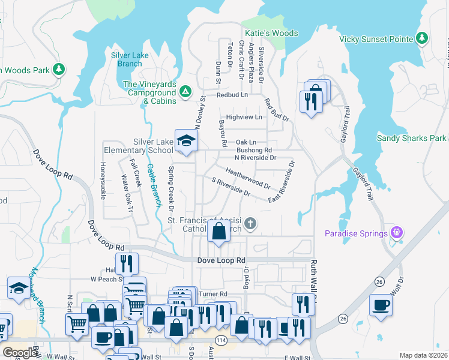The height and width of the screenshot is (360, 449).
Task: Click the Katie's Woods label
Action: point(271,33)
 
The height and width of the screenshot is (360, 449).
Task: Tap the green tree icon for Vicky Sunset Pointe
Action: point(422,39)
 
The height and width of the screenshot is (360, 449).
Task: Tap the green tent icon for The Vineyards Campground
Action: point(185,92)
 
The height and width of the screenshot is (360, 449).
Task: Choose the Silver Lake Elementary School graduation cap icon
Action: point(186,141)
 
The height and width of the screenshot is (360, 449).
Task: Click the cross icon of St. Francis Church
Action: point(251,223)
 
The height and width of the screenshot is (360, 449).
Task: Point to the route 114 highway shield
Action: point(221,340)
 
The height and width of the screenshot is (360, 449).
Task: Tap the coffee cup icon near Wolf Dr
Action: point(381,305)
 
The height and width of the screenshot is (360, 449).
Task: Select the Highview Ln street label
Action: point(244,117)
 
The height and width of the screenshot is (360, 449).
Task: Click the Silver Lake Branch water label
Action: point(126,59)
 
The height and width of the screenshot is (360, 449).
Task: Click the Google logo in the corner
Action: point(20,353)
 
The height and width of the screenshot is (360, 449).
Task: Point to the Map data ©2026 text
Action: point(423,355)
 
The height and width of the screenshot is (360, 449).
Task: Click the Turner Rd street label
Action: point(214,294)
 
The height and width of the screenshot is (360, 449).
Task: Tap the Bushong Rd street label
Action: point(255,150)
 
